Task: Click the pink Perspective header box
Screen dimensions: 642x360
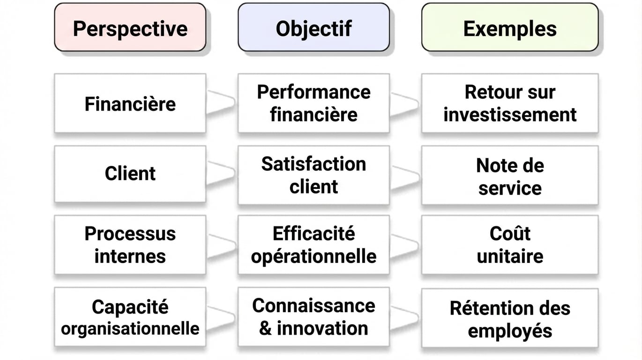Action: (x=130, y=27)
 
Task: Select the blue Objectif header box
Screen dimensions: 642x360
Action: (x=314, y=27)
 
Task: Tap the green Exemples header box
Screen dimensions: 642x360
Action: (x=510, y=27)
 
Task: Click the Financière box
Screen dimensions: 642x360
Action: (x=130, y=103)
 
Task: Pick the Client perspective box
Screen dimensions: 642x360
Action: (x=130, y=174)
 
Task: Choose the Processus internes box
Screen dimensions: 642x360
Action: (x=130, y=245)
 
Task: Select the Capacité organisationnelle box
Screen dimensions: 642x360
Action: (x=130, y=317)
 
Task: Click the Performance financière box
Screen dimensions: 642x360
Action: (x=314, y=103)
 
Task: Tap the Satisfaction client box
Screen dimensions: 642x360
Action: (x=314, y=175)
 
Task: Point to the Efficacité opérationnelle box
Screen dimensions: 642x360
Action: (x=314, y=245)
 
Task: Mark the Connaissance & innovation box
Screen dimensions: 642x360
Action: (x=314, y=317)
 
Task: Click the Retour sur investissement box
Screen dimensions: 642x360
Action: (x=510, y=103)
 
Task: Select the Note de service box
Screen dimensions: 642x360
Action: (x=510, y=175)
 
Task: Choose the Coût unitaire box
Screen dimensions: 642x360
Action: (x=510, y=245)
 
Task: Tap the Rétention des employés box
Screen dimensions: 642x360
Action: (x=510, y=318)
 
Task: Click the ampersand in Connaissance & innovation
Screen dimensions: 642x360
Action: (x=265, y=329)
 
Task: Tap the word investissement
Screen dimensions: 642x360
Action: (x=510, y=115)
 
